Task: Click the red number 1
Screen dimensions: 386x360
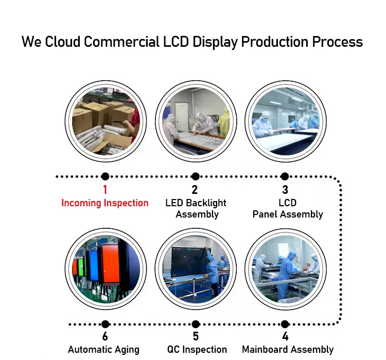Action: (x=105, y=190)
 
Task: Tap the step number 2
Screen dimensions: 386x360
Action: (x=195, y=190)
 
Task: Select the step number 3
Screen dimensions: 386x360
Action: (x=285, y=190)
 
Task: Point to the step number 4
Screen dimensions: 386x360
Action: (x=285, y=336)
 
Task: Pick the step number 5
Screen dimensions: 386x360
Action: (x=196, y=336)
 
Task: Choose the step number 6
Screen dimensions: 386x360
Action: (x=105, y=336)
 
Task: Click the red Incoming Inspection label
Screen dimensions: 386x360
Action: (x=105, y=203)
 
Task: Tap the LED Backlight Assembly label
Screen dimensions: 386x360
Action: (x=196, y=209)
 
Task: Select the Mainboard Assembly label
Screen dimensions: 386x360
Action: (x=288, y=350)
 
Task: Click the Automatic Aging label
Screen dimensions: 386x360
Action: (x=103, y=350)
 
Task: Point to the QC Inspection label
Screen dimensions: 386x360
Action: (x=197, y=350)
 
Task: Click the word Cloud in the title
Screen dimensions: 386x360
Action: (x=62, y=42)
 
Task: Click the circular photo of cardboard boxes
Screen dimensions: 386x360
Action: (x=106, y=121)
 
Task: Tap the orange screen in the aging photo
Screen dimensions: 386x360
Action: (x=111, y=264)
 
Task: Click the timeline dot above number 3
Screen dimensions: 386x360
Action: (x=285, y=176)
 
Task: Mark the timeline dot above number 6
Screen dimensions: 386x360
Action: (x=105, y=324)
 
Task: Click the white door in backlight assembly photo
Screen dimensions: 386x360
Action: (x=182, y=117)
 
